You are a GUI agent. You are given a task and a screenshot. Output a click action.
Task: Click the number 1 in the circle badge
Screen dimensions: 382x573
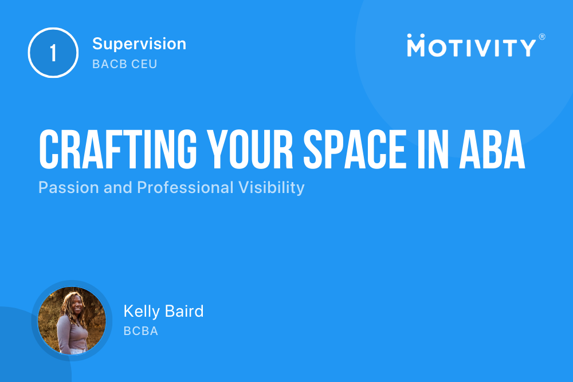coord(53,53)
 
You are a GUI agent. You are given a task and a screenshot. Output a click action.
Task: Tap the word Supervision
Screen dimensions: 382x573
coord(139,44)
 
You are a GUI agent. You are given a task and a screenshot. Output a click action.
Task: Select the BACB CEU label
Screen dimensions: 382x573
coord(124,64)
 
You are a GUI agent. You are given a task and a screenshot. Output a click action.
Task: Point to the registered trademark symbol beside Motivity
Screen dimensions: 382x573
coord(541,37)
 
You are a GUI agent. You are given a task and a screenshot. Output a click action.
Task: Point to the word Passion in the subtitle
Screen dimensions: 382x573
coord(63,188)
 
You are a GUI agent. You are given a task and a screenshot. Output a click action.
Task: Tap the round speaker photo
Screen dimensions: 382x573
coord(72,321)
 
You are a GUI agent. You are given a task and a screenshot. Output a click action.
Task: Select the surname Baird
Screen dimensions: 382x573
coord(185,312)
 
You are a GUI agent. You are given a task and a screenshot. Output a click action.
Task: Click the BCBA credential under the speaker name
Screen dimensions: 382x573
coord(140,331)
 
